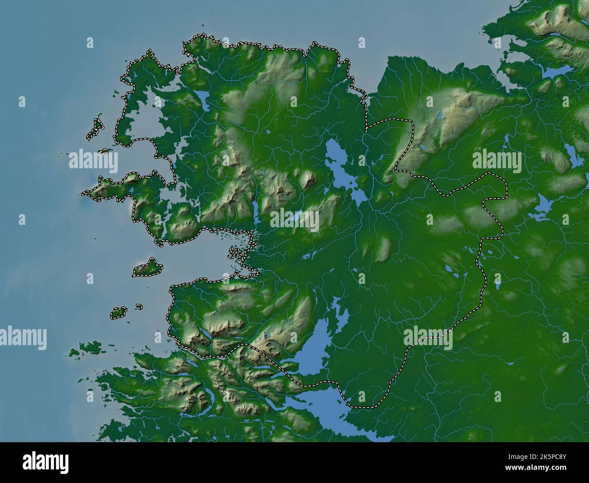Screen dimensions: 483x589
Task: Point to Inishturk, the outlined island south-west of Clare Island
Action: point(119,312)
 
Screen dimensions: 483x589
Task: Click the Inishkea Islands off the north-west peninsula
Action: point(95,129)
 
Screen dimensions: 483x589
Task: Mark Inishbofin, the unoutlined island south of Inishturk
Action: point(86,348)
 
